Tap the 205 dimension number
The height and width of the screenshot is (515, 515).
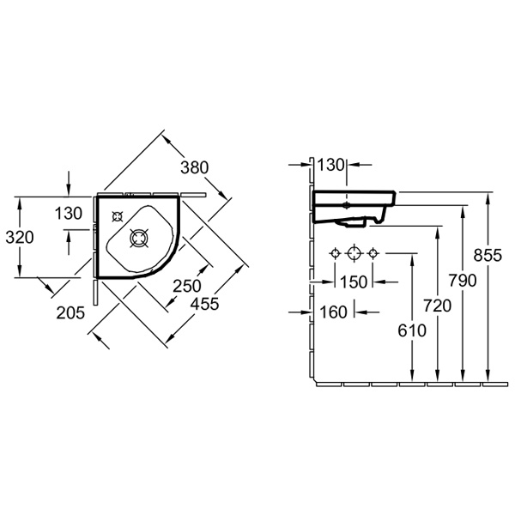(x=71, y=312)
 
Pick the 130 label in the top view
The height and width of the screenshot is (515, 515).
(x=69, y=213)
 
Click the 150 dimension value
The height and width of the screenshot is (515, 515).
(x=352, y=282)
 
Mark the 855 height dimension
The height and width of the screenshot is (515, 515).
(x=488, y=254)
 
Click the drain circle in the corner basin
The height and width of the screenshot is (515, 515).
(x=139, y=238)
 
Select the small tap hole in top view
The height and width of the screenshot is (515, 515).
(x=118, y=216)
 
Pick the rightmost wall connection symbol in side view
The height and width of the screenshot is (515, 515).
(x=372, y=254)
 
